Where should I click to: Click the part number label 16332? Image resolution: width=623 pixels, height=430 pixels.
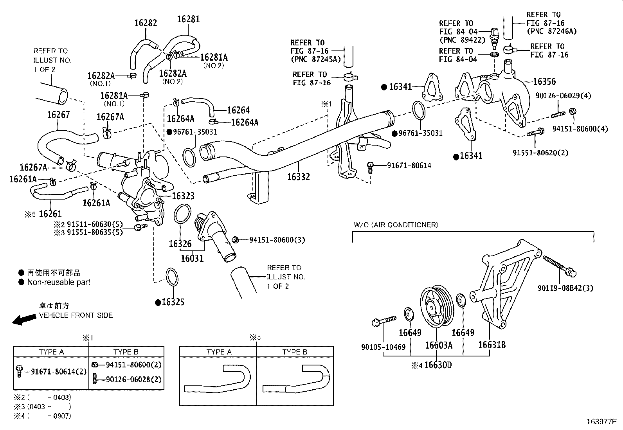[x=298, y=177]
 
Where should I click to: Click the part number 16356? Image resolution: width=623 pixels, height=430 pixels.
[x=544, y=82]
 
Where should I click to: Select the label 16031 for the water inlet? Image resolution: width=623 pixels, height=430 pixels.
[x=192, y=258]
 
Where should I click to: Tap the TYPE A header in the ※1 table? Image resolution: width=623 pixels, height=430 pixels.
[x=51, y=352]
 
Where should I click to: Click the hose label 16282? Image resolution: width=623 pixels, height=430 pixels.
[x=146, y=23]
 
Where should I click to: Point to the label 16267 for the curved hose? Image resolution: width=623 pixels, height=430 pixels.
[x=58, y=115]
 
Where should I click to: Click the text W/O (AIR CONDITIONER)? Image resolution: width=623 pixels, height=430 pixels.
[x=396, y=225]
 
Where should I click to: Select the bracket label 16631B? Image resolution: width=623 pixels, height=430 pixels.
[x=492, y=345]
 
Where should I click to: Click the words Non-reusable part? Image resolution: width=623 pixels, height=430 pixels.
[x=58, y=282]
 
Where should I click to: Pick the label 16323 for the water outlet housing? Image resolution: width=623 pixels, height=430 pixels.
[x=183, y=196]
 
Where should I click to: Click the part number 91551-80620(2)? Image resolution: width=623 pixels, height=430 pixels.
[x=540, y=153]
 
